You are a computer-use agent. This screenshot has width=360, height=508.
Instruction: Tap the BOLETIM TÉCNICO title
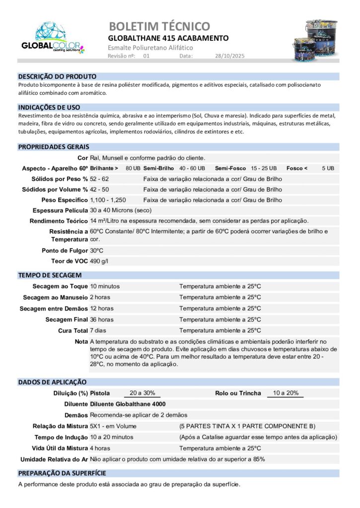click(159, 26)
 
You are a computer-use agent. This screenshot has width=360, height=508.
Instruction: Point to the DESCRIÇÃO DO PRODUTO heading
click(57, 77)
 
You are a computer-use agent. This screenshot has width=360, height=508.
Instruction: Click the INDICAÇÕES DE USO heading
click(49, 107)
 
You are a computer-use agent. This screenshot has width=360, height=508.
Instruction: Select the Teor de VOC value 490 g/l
click(99, 261)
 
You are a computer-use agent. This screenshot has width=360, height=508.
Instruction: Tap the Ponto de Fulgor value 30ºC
click(96, 251)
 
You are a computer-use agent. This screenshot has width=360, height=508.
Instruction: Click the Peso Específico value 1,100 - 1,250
click(108, 200)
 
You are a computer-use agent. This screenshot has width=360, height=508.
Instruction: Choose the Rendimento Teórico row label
click(59, 221)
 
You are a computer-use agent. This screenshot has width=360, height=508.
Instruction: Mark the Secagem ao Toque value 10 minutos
click(105, 286)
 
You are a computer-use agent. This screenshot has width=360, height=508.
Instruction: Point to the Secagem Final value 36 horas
click(102, 319)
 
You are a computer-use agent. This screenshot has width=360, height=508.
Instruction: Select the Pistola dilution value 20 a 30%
click(142, 393)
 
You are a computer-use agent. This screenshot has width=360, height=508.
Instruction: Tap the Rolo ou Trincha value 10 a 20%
click(286, 393)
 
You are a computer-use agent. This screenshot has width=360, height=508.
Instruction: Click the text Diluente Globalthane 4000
click(128, 404)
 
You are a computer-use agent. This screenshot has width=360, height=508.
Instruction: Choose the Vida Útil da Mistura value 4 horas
click(100, 448)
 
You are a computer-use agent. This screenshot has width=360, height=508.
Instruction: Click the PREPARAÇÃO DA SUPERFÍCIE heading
click(62, 473)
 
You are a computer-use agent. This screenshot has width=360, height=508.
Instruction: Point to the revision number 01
click(146, 57)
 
